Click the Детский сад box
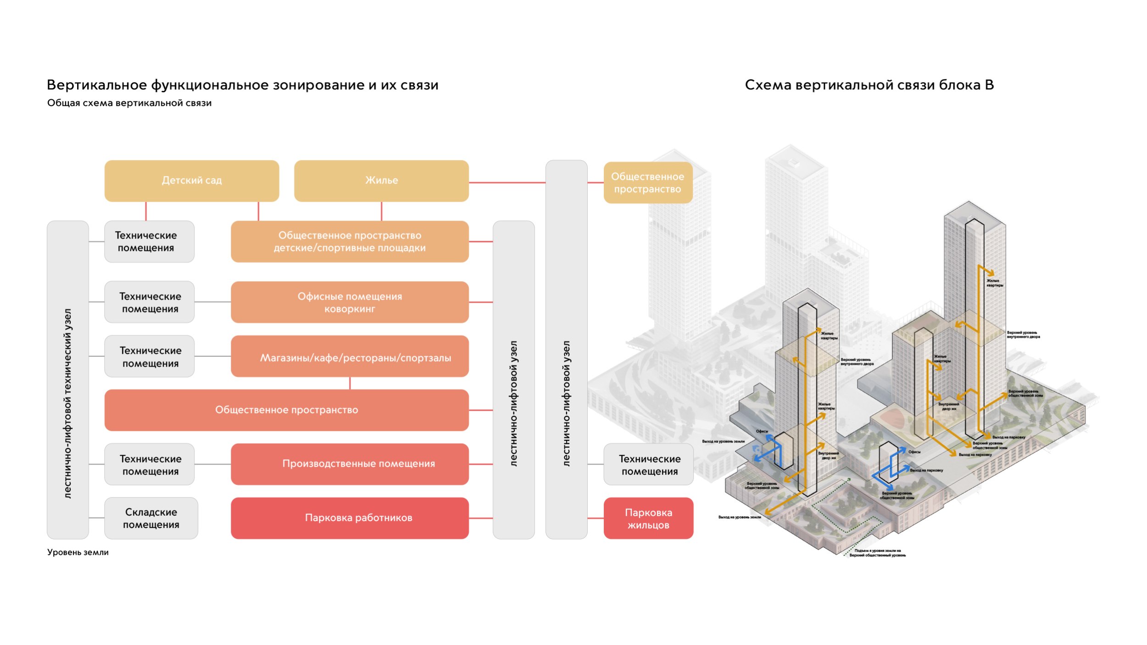point(191,181)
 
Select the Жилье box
point(381,181)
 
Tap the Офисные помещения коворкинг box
point(350,302)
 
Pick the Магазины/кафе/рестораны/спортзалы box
point(350,356)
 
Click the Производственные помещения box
point(350,464)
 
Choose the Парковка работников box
point(350,518)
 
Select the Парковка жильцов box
point(648,518)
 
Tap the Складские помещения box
point(151,518)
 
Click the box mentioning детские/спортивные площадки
point(350,242)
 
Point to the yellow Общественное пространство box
point(647,183)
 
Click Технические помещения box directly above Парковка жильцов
point(648,464)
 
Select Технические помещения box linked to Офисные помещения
point(150,302)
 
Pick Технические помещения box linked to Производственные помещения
point(150,464)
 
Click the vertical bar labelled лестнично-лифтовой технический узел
point(68,380)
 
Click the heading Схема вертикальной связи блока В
point(869,85)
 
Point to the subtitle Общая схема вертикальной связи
point(129,103)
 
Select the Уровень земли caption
point(78,552)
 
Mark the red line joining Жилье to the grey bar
point(507,183)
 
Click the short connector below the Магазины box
point(350,383)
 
